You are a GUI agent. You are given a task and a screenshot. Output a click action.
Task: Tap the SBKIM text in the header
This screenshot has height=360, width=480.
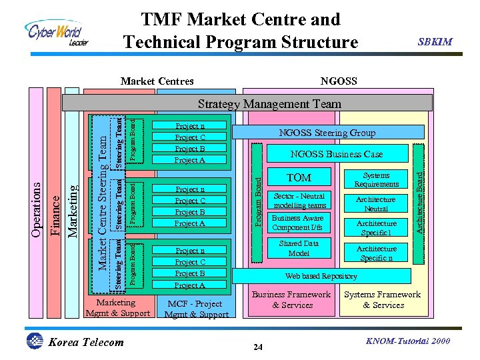435,42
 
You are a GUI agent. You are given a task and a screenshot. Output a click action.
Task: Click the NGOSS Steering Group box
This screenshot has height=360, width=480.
326,133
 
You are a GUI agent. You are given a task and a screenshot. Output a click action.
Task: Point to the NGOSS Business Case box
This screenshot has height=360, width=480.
336,154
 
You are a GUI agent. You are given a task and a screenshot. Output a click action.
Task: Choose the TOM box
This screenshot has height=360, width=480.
298,178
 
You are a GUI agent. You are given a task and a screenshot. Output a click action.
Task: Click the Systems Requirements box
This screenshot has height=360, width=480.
376,179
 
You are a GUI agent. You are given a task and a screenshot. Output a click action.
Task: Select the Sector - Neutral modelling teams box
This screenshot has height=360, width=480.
299,201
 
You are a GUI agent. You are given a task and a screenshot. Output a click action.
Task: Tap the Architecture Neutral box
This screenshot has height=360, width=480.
376,204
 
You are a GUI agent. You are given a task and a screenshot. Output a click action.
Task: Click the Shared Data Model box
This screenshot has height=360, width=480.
299,248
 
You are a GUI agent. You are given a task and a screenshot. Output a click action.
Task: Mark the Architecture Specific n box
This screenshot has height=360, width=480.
376,253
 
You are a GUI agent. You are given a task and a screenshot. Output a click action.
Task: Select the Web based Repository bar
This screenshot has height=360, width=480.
321,276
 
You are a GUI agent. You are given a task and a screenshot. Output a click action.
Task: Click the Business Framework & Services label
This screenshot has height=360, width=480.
292,299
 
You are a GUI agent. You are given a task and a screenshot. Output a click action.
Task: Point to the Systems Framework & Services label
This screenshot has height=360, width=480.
383,299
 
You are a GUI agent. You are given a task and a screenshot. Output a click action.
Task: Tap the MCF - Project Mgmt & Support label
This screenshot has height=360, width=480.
196,309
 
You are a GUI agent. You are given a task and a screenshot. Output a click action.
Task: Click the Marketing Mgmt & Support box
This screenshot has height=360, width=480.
118,307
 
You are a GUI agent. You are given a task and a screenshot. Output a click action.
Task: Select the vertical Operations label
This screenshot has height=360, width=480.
39,203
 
